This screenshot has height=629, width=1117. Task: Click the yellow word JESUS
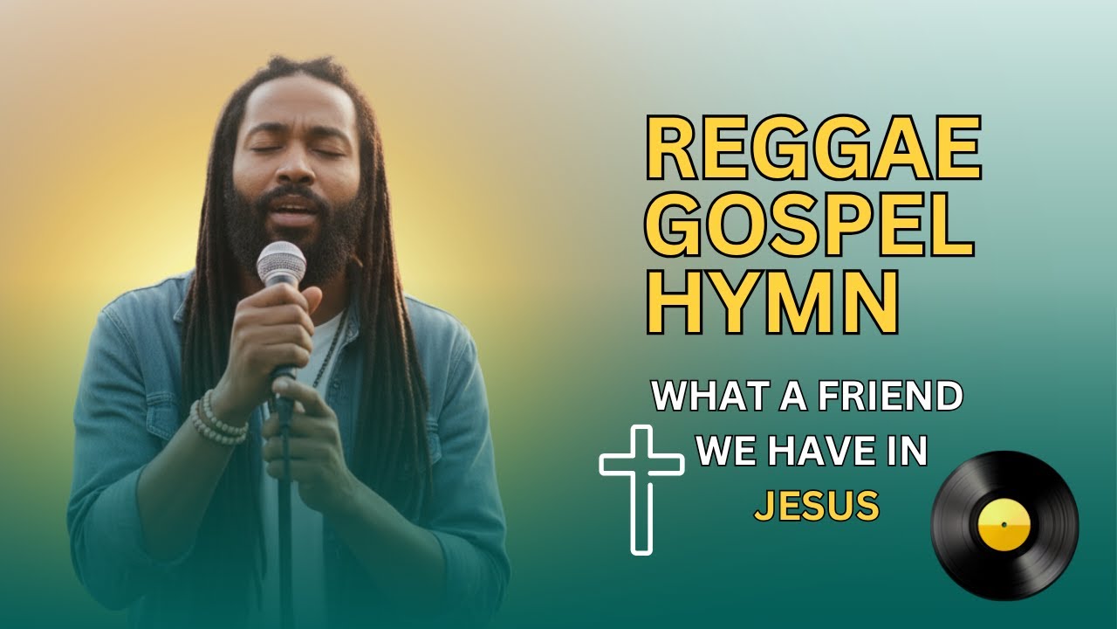(816, 506)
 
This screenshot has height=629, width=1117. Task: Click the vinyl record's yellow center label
(1004, 524)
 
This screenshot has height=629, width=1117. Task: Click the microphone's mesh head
(281, 261)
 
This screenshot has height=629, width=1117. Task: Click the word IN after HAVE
(907, 453)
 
